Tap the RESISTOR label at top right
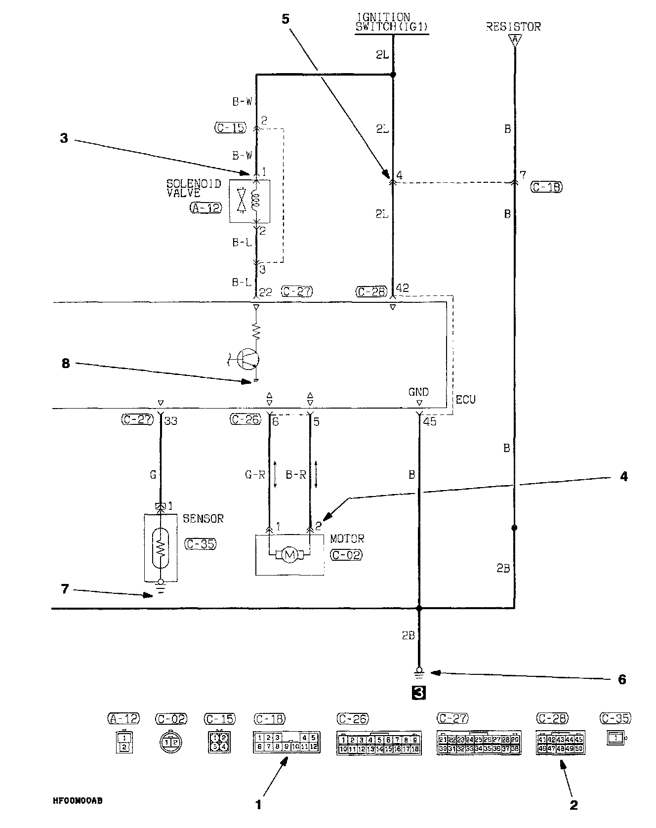pyautogui.click(x=513, y=27)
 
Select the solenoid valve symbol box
pyautogui.click(x=249, y=201)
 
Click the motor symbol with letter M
pyautogui.click(x=290, y=555)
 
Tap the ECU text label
pyautogui.click(x=465, y=399)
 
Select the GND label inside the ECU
pyautogui.click(x=418, y=392)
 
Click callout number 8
pyautogui.click(x=65, y=364)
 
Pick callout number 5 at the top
pyautogui.click(x=285, y=19)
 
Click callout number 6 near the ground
pyautogui.click(x=622, y=680)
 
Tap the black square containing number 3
pyautogui.click(x=418, y=693)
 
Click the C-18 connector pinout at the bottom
pyautogui.click(x=287, y=742)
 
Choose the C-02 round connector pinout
pyautogui.click(x=171, y=742)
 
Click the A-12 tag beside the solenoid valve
pyautogui.click(x=205, y=208)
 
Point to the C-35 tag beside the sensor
pyautogui.click(x=200, y=544)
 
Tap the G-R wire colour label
pyautogui.click(x=255, y=475)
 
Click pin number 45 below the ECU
pyautogui.click(x=430, y=422)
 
